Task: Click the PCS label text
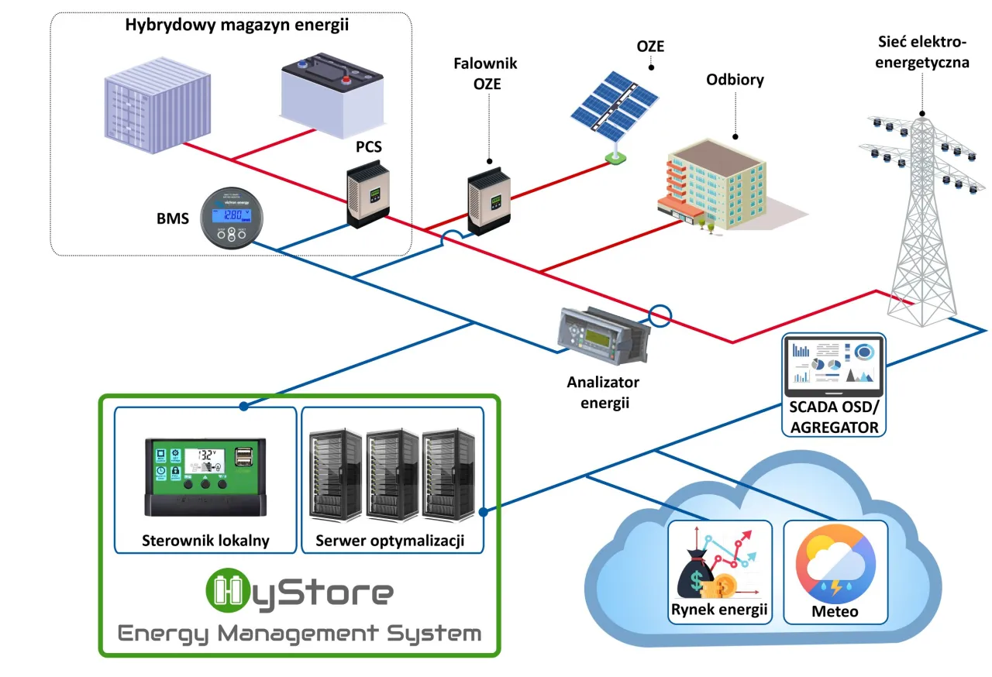(368, 146)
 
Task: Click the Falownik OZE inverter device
(489, 203)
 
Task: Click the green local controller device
(205, 476)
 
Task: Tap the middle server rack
(392, 474)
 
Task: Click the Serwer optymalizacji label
(391, 541)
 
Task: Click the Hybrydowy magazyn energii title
(237, 25)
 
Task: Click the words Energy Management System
(299, 634)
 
